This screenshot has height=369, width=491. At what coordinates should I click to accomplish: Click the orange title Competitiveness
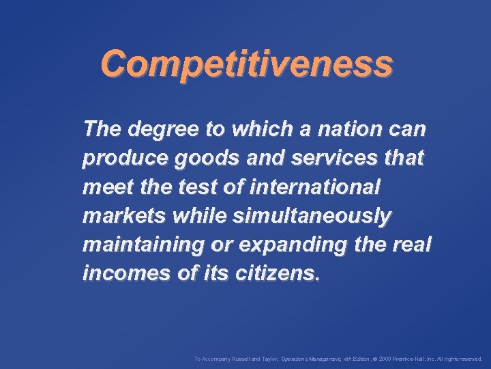246,64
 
